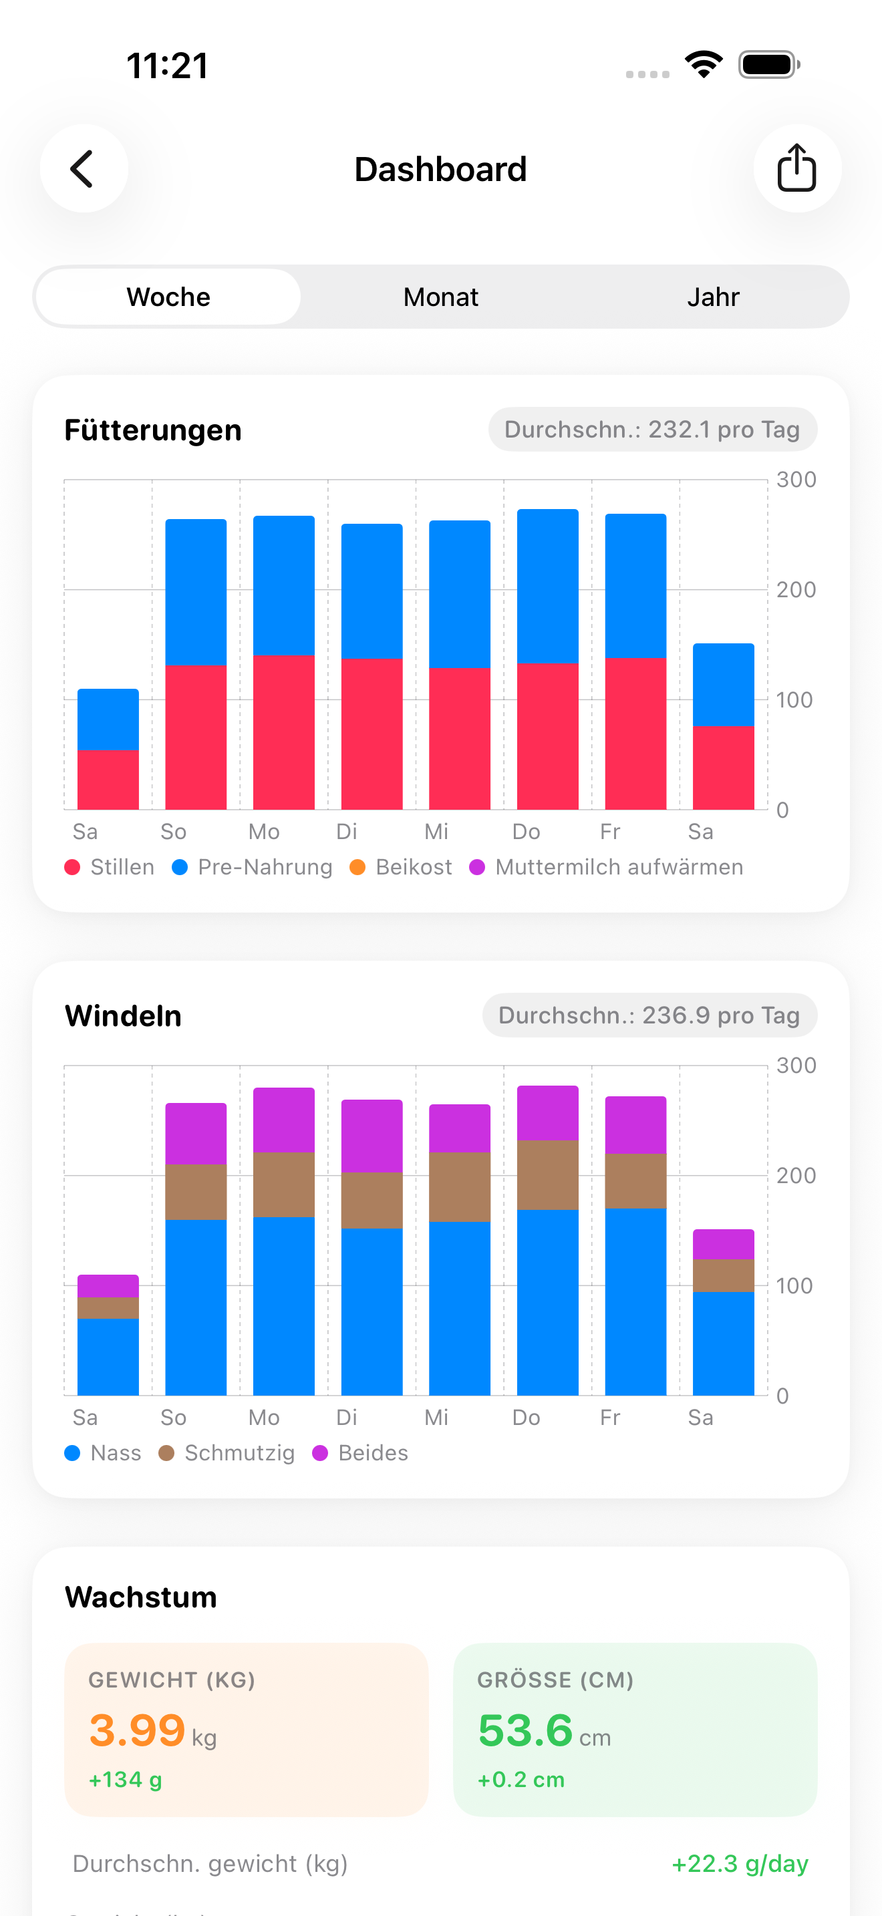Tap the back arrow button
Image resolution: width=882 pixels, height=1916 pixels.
tap(84, 169)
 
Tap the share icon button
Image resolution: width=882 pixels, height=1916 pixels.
tap(796, 169)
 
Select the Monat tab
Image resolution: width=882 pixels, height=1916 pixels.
tap(440, 297)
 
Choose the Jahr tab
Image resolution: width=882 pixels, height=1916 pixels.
tap(712, 297)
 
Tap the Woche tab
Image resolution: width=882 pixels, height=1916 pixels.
tap(169, 297)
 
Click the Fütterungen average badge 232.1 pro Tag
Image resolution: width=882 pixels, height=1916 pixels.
tap(652, 429)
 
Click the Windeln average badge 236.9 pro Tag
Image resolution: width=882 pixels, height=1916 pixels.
tap(649, 1015)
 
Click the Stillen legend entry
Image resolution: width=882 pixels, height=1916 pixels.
tap(110, 867)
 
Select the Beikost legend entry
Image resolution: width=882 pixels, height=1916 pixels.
tap(402, 867)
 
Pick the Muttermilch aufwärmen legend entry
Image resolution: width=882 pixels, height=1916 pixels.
tap(607, 867)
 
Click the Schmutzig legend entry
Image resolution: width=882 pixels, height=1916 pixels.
tap(228, 1452)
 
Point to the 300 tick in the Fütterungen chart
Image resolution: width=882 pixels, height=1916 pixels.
tap(796, 480)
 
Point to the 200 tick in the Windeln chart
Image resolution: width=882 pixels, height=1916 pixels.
tap(796, 1176)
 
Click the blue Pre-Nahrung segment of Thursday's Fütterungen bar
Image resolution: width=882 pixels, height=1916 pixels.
tap(547, 586)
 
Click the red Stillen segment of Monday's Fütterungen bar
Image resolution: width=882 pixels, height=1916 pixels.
tap(283, 733)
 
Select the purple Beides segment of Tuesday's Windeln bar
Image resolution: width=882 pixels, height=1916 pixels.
tap(371, 1136)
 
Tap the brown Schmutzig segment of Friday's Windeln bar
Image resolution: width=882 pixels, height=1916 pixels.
tap(635, 1181)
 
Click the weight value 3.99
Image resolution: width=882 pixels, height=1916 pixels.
tap(137, 1730)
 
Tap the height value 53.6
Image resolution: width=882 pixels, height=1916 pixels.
tap(525, 1730)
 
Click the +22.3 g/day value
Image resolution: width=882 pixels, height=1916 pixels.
tap(739, 1863)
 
